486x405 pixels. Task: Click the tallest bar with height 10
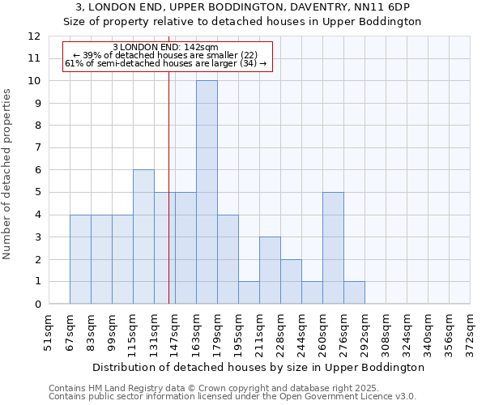(207, 192)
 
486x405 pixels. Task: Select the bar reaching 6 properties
(143, 237)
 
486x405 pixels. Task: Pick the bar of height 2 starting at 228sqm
(291, 281)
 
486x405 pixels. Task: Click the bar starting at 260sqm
(333, 248)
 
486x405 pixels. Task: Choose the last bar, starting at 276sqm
(354, 292)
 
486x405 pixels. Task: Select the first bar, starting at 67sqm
(80, 259)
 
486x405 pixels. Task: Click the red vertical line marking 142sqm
(168, 202)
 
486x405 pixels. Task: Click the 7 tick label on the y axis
(37, 148)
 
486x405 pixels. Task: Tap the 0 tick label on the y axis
(37, 305)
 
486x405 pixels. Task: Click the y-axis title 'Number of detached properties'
(7, 174)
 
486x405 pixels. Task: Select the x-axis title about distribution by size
(258, 367)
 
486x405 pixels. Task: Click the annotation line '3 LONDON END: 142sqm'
(165, 48)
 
